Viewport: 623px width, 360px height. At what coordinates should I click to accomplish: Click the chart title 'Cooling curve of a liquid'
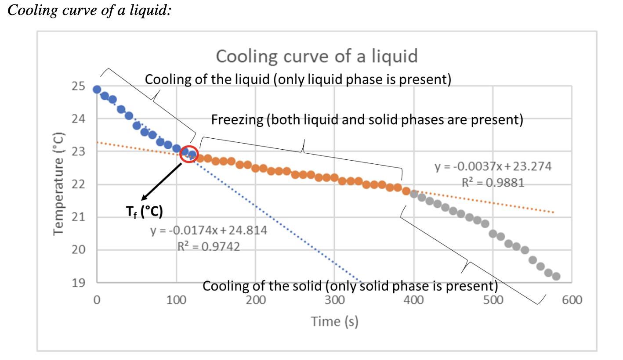[316, 56]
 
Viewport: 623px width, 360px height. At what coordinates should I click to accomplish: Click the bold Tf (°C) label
[142, 212]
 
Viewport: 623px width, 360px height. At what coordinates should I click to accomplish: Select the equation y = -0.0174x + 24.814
[209, 231]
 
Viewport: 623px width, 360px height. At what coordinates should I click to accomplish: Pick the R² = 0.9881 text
[493, 183]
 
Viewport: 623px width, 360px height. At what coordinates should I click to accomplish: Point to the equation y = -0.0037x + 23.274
[493, 167]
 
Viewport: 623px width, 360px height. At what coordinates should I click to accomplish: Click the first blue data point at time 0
[97, 90]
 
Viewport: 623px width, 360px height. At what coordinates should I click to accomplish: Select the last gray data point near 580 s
[556, 276]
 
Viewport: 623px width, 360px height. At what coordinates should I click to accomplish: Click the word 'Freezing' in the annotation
[238, 120]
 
